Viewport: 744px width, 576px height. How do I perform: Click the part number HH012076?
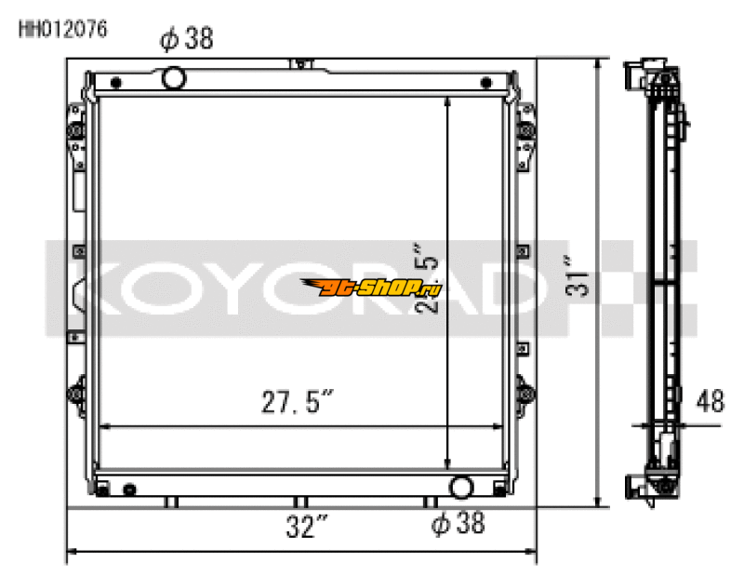[63, 28]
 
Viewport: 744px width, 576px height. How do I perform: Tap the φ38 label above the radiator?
[187, 39]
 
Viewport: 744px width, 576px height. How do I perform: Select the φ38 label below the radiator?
[458, 525]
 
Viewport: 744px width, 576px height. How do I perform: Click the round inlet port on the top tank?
[174, 77]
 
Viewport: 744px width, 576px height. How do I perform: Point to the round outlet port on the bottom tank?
[460, 487]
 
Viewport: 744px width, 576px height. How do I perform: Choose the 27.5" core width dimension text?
[296, 404]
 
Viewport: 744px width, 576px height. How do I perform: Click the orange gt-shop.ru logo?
[370, 288]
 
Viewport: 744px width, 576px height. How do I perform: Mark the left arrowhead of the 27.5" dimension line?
[103, 428]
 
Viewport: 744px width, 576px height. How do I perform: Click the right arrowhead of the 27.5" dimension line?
[499, 428]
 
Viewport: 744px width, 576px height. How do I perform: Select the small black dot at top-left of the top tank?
[115, 83]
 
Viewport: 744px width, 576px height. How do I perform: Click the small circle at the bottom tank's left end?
[129, 489]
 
